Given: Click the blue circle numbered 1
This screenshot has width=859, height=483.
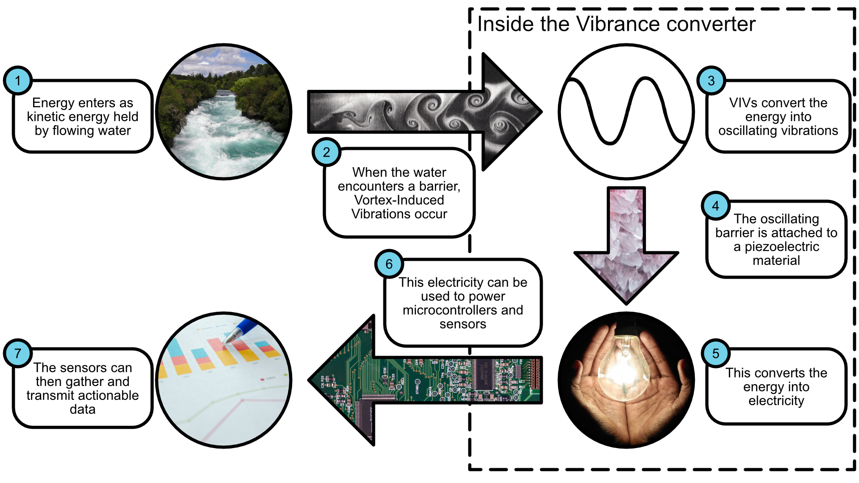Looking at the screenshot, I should point(18,80).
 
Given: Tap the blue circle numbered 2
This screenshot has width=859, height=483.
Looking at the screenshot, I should point(327,152).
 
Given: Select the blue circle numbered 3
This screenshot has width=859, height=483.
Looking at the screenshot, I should point(711,80).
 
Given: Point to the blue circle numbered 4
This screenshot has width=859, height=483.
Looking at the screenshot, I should point(716,206).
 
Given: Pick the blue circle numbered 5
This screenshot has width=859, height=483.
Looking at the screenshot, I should point(716,353).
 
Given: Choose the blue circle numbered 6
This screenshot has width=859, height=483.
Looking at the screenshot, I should point(389,264).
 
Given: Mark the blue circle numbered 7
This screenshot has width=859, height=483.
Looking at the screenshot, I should point(18,353).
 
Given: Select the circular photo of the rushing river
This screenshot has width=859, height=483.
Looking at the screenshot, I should point(224,112).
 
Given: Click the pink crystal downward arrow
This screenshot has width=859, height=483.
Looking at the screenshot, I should point(626,250).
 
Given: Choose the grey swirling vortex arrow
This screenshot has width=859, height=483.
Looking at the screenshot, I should point(425,112).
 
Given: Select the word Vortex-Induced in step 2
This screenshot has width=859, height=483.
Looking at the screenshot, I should point(399,200).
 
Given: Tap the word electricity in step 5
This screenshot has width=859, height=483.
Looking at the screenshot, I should point(776,401).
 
